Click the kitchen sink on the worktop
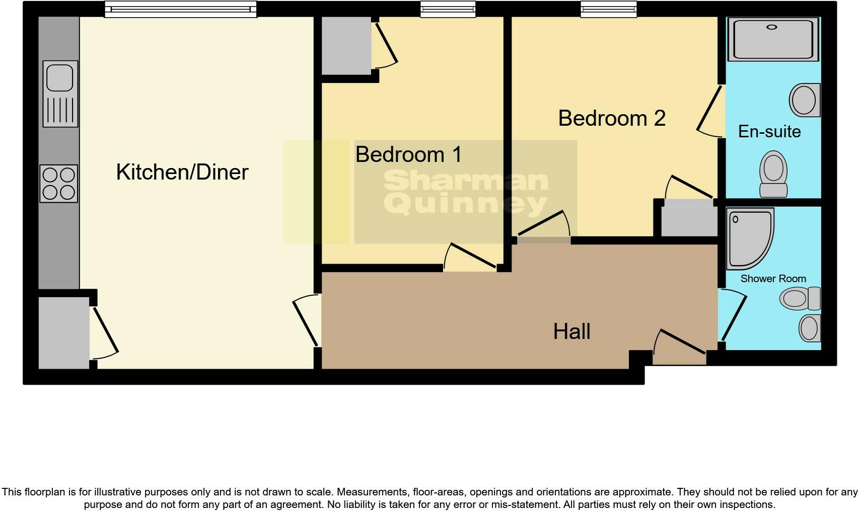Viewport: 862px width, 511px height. point(60,93)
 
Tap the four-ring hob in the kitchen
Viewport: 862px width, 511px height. point(59,183)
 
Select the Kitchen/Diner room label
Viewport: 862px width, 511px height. point(182,172)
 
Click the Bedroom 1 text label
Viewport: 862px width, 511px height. point(408,154)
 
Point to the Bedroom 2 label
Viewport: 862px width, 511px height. point(611,119)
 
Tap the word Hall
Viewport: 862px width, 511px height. point(571,331)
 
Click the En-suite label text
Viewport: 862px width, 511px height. point(769,132)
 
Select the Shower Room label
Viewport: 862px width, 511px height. point(773,279)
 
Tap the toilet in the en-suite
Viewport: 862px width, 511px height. point(773,175)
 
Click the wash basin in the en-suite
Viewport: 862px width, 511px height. point(804,100)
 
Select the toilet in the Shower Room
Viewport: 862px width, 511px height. point(800,298)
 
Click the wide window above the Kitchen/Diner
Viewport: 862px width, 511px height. point(180,9)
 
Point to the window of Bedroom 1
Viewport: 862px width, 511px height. point(448,9)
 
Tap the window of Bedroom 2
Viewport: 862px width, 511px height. point(608,9)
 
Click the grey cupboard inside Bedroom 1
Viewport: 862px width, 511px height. point(346,46)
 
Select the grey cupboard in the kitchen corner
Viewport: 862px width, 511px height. point(64,332)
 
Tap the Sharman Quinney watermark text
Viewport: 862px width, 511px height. point(465,192)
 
